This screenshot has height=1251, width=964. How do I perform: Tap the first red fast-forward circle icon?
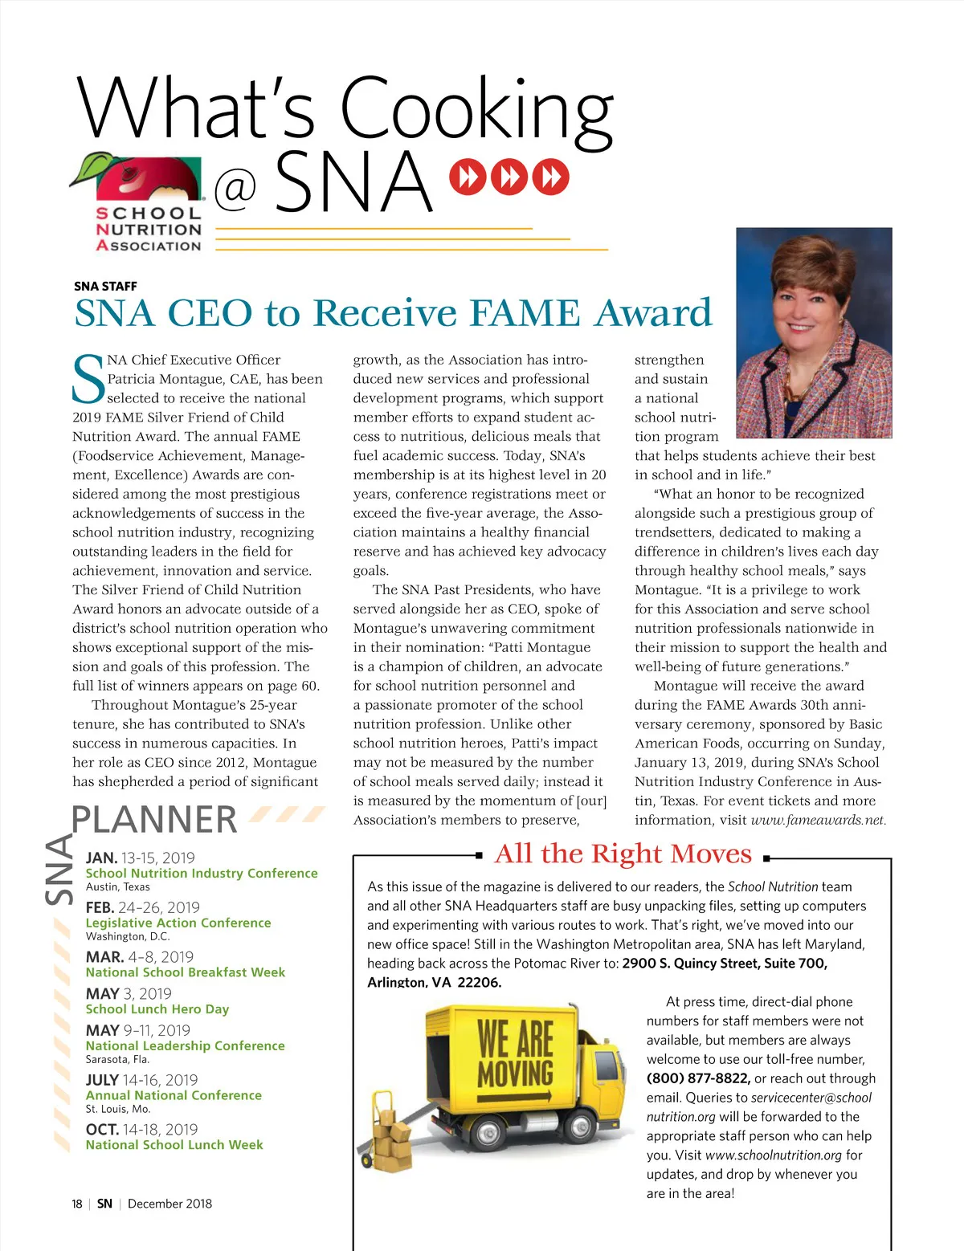click(x=468, y=177)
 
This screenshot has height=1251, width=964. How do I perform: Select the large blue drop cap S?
click(x=88, y=381)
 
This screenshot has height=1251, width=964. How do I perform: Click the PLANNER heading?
click(x=154, y=820)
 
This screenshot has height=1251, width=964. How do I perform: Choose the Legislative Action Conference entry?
click(x=178, y=923)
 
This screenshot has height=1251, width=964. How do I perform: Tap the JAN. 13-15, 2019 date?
click(x=141, y=858)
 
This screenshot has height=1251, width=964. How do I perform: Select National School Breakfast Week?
click(x=186, y=972)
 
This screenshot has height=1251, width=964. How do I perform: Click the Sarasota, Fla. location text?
click(x=117, y=1060)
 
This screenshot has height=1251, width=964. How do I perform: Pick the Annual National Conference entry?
click(x=174, y=1095)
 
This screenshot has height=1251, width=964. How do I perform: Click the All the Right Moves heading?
click(x=623, y=854)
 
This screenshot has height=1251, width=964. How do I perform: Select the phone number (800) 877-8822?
click(x=698, y=1078)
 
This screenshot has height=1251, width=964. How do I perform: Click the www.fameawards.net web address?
click(x=819, y=821)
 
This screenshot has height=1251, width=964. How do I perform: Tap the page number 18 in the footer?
click(x=77, y=1204)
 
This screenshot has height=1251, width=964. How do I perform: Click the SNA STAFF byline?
click(x=105, y=286)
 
